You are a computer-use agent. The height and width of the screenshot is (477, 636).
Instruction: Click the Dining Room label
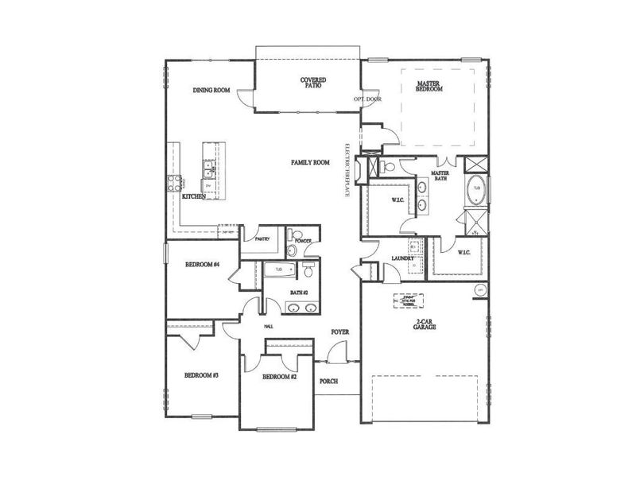pyautogui.click(x=211, y=91)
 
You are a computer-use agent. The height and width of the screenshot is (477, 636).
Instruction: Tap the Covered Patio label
pyautogui.click(x=311, y=82)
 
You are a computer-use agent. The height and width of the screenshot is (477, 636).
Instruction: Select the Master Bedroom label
pyautogui.click(x=429, y=86)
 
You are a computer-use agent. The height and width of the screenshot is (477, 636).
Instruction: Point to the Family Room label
pyautogui.click(x=310, y=162)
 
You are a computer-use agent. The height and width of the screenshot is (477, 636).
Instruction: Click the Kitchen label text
pyautogui.click(x=195, y=196)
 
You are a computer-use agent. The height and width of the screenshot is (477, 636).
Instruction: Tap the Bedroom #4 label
pyautogui.click(x=202, y=264)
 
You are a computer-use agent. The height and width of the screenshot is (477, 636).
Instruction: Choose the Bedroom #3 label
pyautogui.click(x=201, y=375)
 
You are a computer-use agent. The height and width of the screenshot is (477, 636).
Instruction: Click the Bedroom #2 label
pyautogui.click(x=279, y=376)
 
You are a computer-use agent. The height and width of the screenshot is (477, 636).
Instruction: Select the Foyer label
pyautogui.click(x=340, y=332)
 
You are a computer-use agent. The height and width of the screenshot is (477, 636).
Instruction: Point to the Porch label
pyautogui.click(x=328, y=382)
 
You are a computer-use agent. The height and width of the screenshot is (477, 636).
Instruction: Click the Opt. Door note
pyautogui.click(x=368, y=99)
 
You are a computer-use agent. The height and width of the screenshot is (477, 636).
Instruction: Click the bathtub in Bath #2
pyautogui.click(x=279, y=270)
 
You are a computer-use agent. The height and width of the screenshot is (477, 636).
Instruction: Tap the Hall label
pyautogui.click(x=268, y=326)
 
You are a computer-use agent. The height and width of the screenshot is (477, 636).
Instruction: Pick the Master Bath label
pyautogui.click(x=441, y=176)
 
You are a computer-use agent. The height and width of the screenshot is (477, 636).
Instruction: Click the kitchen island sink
pyautogui.click(x=208, y=169)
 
